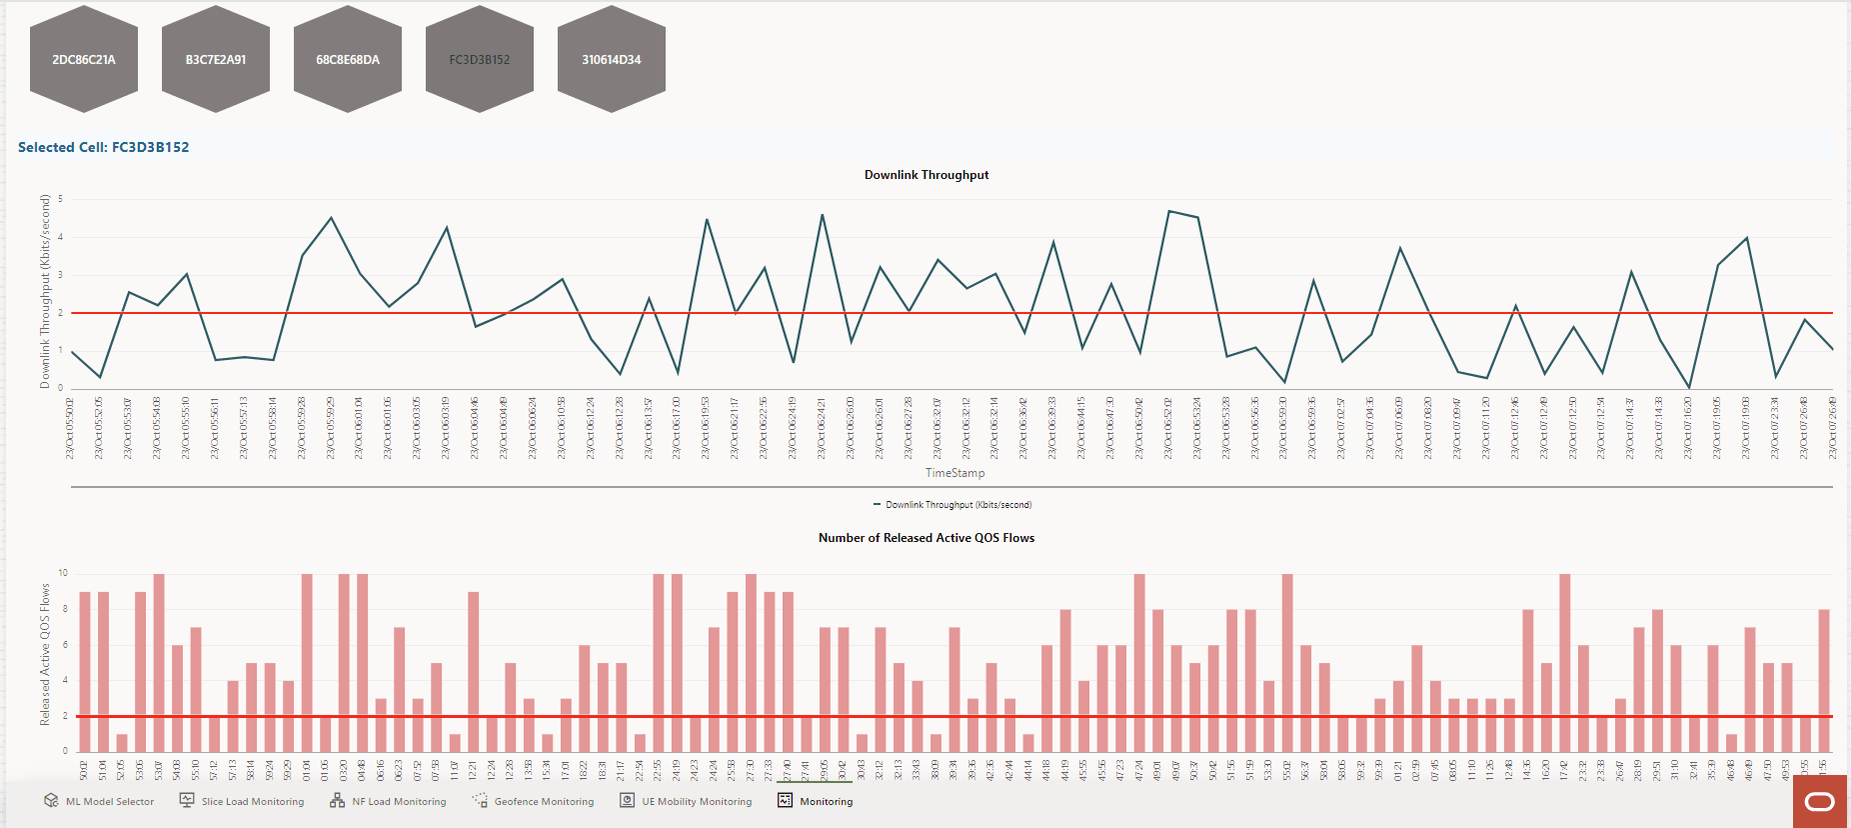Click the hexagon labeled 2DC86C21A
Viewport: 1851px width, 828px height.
pyautogui.click(x=84, y=59)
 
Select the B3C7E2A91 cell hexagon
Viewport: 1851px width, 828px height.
pyautogui.click(x=216, y=59)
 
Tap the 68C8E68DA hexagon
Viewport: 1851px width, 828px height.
pyautogui.click(x=348, y=59)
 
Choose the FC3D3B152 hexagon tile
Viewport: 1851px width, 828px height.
pyautogui.click(x=480, y=59)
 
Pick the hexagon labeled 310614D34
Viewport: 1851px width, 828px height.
pyautogui.click(x=612, y=59)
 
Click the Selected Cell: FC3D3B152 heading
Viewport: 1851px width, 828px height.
pyautogui.click(x=104, y=147)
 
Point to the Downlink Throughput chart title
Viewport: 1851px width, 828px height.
pyautogui.click(x=926, y=175)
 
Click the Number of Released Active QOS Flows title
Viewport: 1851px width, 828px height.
pyautogui.click(x=926, y=538)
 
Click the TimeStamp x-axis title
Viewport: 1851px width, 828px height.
pyautogui.click(x=954, y=473)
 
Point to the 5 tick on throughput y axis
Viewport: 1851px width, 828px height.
pyautogui.click(x=60, y=199)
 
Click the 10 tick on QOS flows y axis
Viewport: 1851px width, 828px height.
pyautogui.click(x=63, y=573)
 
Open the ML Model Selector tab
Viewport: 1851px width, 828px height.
pyautogui.click(x=100, y=801)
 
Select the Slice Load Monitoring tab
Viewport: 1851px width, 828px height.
pyautogui.click(x=242, y=801)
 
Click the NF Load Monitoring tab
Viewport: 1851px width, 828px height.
pyautogui.click(x=389, y=801)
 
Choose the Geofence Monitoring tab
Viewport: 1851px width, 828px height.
pyautogui.click(x=534, y=801)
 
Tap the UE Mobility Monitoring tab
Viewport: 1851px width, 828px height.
pyautogui.click(x=687, y=801)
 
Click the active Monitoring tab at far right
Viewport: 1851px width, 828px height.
pyautogui.click(x=816, y=801)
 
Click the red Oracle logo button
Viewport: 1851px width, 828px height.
pyautogui.click(x=1820, y=801)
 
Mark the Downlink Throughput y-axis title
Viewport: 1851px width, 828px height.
pyautogui.click(x=45, y=291)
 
